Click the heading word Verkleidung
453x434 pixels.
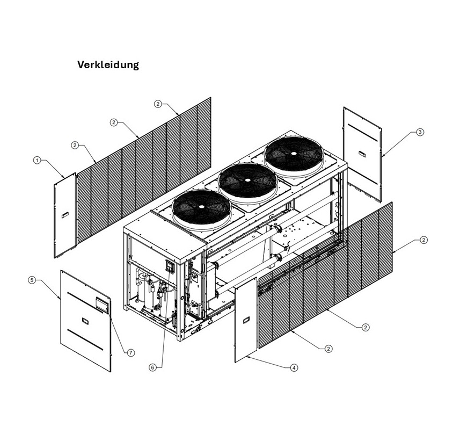[x=108, y=65]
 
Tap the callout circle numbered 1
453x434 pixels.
[x=36, y=160]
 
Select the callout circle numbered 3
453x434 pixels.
[x=420, y=132]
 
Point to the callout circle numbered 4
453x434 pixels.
[x=294, y=368]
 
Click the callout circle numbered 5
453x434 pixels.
[x=32, y=280]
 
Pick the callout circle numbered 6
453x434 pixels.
[x=152, y=367]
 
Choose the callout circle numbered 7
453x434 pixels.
[x=130, y=352]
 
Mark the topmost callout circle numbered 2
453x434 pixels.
[x=157, y=104]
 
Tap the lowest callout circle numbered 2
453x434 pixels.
[x=328, y=349]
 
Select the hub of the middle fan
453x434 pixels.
[x=248, y=180]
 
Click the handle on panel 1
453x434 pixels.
[x=65, y=215]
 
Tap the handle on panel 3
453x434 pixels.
[x=363, y=155]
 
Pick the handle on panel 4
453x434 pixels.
[x=246, y=320]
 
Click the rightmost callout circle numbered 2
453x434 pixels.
[x=423, y=240]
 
